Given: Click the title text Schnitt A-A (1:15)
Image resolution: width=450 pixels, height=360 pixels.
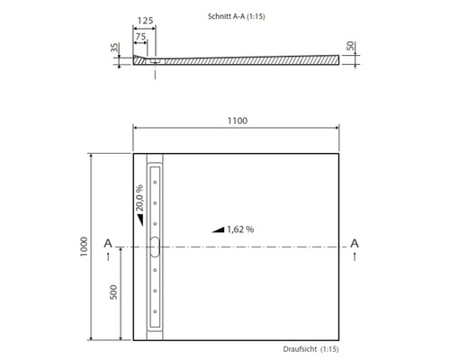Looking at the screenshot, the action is (x=237, y=16).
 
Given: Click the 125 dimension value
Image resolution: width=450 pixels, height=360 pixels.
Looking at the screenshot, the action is (x=145, y=21).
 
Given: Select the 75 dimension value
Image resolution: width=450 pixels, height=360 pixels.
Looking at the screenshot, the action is (x=140, y=37).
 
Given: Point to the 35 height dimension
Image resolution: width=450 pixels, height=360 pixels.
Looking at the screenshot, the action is (x=114, y=48).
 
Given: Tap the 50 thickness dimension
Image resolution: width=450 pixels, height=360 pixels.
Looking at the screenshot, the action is (x=350, y=46).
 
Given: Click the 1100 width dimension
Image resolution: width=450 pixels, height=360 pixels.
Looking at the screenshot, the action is (x=238, y=121).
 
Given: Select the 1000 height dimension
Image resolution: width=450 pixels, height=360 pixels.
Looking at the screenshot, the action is (x=84, y=247).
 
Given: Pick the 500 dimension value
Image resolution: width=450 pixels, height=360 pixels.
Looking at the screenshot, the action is (x=113, y=292).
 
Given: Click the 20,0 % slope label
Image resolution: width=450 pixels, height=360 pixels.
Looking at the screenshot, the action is (x=139, y=198).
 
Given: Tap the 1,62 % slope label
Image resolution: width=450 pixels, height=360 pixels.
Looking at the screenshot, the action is (x=240, y=229).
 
